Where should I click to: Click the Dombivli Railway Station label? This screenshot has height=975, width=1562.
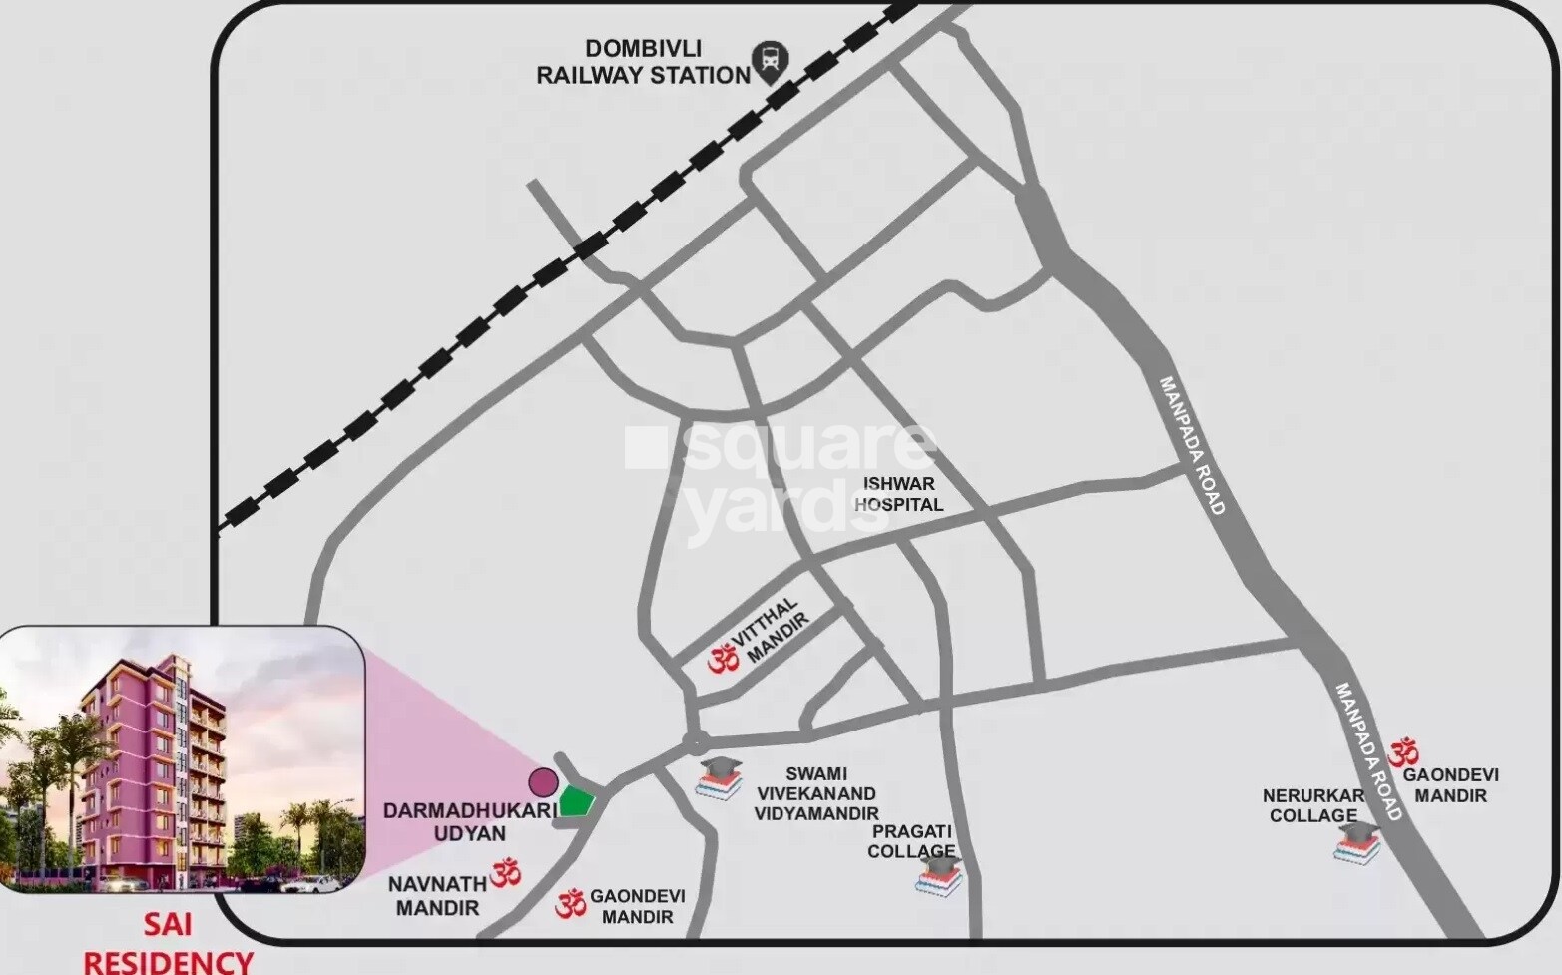pyautogui.click(x=643, y=62)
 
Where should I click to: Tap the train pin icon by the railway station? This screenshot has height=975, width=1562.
pyautogui.click(x=770, y=62)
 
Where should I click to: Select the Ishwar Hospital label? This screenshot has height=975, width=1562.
pyautogui.click(x=898, y=494)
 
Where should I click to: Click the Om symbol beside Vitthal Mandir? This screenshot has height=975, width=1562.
pyautogui.click(x=723, y=659)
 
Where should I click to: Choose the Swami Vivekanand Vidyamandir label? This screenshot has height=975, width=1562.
pyautogui.click(x=815, y=793)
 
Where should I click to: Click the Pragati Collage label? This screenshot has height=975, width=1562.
pyautogui.click(x=911, y=841)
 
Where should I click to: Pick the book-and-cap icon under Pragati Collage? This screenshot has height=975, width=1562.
pyautogui.click(x=939, y=877)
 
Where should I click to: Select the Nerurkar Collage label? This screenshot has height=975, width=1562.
pyautogui.click(x=1312, y=805)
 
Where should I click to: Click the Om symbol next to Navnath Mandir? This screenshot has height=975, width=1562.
pyautogui.click(x=506, y=874)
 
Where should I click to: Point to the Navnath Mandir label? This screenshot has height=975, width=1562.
pyautogui.click(x=437, y=895)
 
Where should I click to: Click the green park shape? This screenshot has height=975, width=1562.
pyautogui.click(x=576, y=801)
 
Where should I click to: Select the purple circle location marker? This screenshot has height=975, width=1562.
pyautogui.click(x=543, y=780)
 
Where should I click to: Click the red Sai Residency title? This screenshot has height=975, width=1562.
pyautogui.click(x=168, y=944)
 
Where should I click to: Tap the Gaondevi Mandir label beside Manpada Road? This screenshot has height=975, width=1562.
pyautogui.click(x=1450, y=785)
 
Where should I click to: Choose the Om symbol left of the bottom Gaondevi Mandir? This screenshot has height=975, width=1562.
pyautogui.click(x=570, y=904)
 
